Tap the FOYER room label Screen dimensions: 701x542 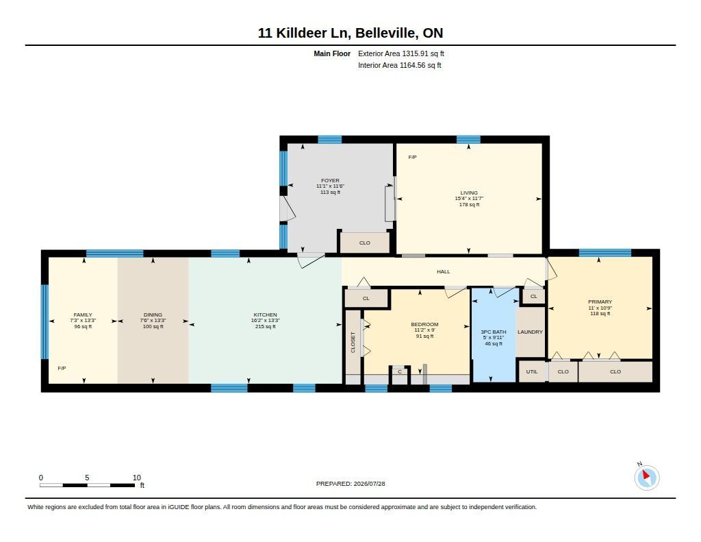click(330, 180)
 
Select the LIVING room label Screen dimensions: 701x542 click(469, 193)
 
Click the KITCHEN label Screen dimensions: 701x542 click(265, 315)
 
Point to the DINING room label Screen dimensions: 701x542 click(153, 315)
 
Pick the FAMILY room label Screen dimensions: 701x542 click(83, 315)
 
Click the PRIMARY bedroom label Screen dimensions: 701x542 click(600, 301)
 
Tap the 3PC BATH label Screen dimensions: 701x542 click(493, 332)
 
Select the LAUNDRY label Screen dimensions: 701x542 click(531, 332)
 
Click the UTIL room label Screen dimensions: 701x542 click(532, 371)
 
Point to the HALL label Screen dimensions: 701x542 click(444, 271)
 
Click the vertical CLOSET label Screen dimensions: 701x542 click(353, 342)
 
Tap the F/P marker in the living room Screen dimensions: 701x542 click(412, 157)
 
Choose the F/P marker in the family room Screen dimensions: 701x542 click(62, 368)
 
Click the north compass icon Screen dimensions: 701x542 click(646, 477)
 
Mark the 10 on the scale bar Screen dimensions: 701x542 click(137, 478)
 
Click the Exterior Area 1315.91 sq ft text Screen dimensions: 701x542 click(401, 53)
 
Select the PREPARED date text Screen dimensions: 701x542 click(350, 483)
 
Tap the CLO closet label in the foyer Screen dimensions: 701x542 click(365, 243)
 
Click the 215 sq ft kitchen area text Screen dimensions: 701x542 click(265, 326)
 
